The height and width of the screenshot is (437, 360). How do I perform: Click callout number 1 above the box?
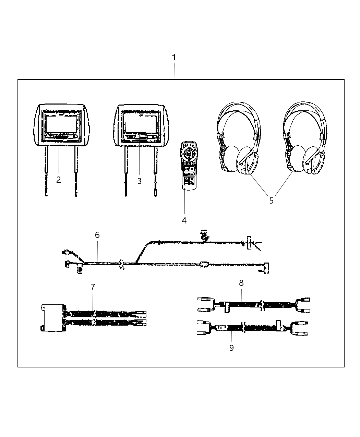pos(174,58)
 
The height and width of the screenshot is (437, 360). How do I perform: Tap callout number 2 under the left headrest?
pos(59,180)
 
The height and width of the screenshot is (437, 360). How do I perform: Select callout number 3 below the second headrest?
pos(139,181)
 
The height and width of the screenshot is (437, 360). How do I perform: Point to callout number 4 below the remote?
pos(184,220)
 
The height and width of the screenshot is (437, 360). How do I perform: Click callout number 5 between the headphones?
pos(271,201)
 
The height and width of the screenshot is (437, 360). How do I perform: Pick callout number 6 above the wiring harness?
pos(97,235)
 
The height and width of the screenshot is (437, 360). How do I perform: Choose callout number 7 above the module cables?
pos(93,287)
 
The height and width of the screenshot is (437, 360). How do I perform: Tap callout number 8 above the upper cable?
pos(241,283)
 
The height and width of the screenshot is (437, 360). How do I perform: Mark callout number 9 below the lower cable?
pos(231,348)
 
